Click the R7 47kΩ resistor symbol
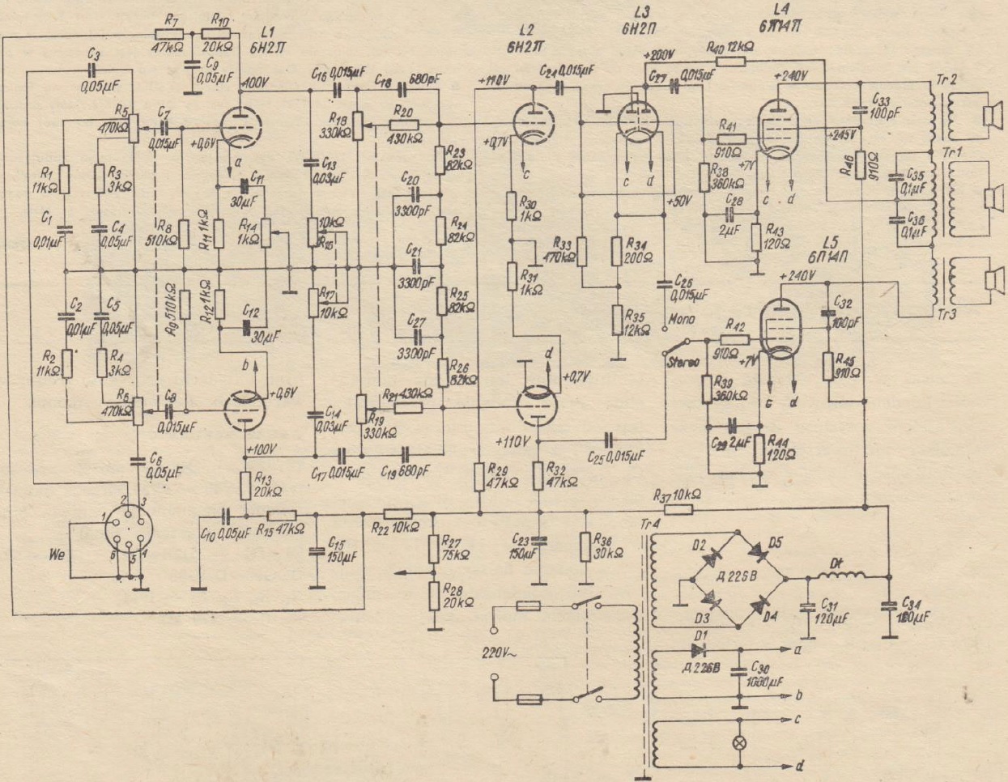click(x=168, y=35)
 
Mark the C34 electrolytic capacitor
click(x=890, y=604)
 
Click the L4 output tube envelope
click(x=775, y=125)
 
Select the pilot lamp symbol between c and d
click(x=738, y=741)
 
